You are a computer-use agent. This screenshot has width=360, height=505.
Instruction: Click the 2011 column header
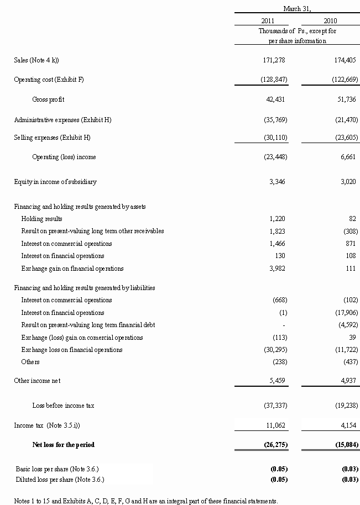268,20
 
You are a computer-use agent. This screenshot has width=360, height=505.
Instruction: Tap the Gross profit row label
48,99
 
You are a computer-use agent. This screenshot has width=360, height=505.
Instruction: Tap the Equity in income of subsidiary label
55,181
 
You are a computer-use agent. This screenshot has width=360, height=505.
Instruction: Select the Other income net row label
37,381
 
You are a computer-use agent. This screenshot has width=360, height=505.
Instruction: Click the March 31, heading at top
298,8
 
